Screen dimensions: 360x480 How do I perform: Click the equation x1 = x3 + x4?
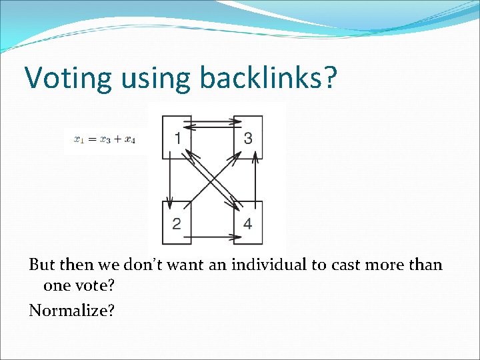click(105, 139)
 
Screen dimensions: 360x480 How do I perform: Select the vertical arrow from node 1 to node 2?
click(169, 180)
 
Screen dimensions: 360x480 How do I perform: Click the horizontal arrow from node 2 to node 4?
click(212, 236)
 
